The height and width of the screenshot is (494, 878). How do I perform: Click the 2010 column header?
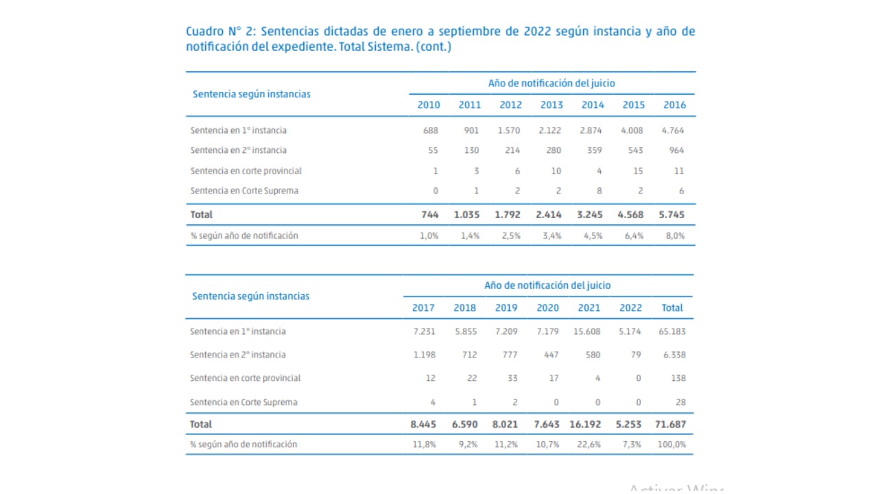[x=429, y=105]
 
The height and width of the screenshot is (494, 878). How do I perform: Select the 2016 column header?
[x=674, y=105]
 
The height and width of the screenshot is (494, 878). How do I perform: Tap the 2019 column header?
[x=506, y=307]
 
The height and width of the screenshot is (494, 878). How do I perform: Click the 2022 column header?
[x=630, y=307]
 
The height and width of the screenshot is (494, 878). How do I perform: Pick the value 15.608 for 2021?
[x=586, y=331]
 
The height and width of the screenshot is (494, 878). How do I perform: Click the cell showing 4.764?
[x=673, y=130]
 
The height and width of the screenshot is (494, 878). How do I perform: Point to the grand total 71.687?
[x=670, y=424]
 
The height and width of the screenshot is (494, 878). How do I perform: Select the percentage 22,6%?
[x=589, y=445]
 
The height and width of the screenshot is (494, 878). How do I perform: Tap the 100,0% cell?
[x=672, y=445]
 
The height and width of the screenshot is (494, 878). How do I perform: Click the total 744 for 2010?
[x=429, y=215]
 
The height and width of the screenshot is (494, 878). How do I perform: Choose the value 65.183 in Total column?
[x=672, y=331]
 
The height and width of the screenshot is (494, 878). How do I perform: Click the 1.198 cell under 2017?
[x=425, y=355]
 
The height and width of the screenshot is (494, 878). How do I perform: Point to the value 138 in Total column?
[x=678, y=378]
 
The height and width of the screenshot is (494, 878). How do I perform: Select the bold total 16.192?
[x=585, y=424]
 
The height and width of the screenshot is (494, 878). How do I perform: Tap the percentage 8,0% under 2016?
[x=675, y=235]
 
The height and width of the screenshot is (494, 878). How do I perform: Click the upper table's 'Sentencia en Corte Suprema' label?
[x=244, y=191]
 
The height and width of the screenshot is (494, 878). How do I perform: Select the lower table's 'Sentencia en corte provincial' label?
[x=245, y=378]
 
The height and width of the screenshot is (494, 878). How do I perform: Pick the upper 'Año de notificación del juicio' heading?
[x=551, y=83]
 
